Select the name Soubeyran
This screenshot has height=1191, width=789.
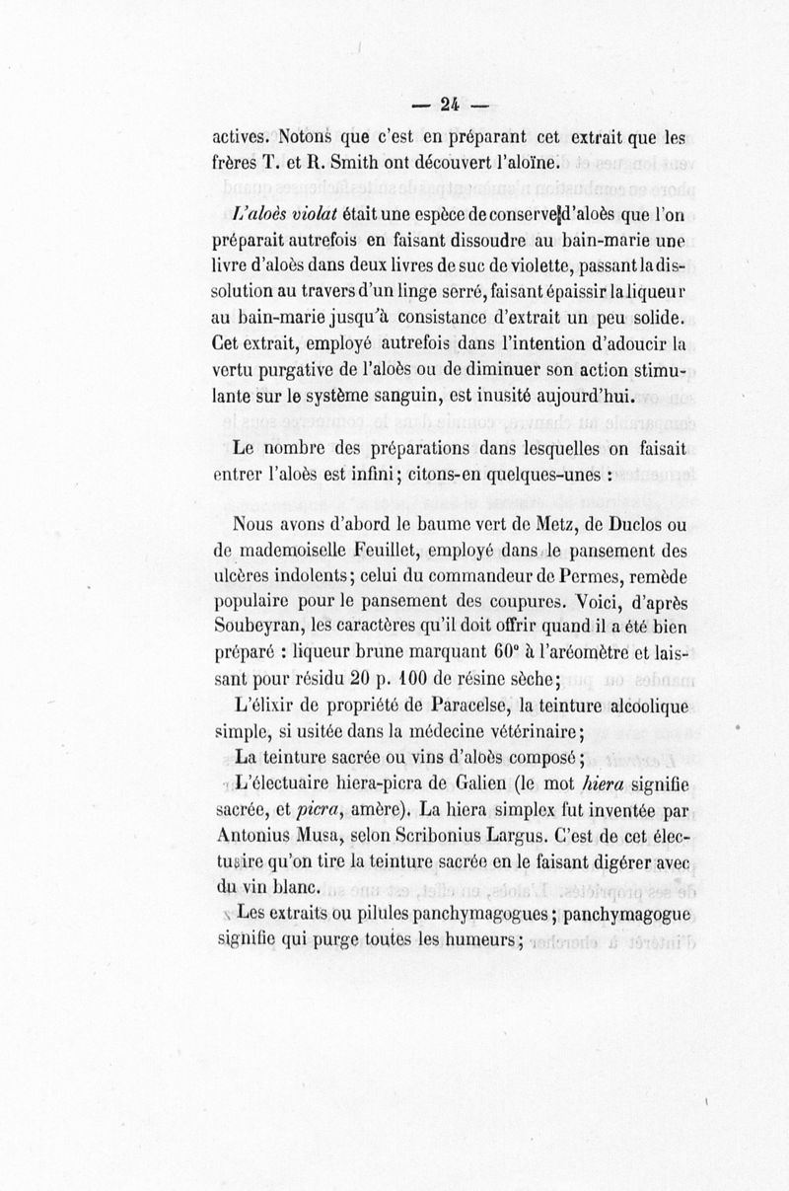coord(258,626)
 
